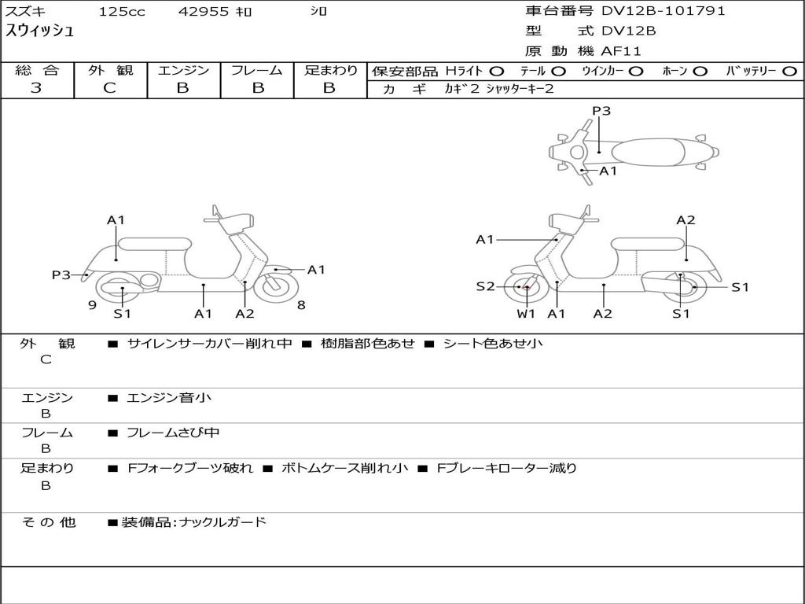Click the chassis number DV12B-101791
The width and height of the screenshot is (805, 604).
(663, 11)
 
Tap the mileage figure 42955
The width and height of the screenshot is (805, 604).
(204, 11)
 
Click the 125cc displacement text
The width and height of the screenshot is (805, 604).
(122, 11)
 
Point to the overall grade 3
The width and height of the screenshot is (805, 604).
(36, 87)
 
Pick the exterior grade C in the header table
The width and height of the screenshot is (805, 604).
(109, 87)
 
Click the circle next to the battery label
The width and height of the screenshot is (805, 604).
(789, 72)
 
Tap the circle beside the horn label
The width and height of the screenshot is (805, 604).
(700, 72)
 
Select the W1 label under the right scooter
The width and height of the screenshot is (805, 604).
(526, 313)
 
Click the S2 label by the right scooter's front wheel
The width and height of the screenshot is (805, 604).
(485, 286)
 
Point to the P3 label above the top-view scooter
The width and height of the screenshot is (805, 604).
(601, 111)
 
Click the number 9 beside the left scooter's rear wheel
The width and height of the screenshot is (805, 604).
(93, 305)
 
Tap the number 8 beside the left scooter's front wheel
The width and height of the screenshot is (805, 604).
(301, 305)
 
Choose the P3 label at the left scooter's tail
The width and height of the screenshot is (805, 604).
(61, 274)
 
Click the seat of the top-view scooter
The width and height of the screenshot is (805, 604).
(648, 152)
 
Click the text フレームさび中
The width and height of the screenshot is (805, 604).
(173, 433)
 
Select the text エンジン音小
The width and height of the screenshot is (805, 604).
(168, 397)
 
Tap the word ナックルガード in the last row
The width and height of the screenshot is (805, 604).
(222, 522)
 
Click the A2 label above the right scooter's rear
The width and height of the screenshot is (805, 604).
(686, 220)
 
